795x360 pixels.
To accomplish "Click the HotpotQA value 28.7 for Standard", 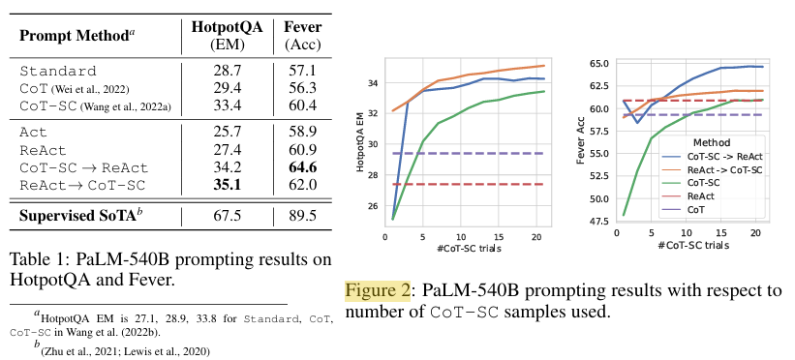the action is pyautogui.click(x=228, y=71).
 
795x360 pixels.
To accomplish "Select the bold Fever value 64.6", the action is pyautogui.click(x=303, y=167).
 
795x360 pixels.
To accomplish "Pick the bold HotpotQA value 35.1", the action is pyautogui.click(x=228, y=185).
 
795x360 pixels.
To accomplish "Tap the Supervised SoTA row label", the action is pyautogui.click(x=78, y=216).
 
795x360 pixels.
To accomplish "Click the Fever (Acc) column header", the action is pyautogui.click(x=303, y=36).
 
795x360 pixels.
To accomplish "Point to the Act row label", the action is pyautogui.click(x=33, y=133).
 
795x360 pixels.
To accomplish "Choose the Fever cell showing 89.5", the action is pyautogui.click(x=303, y=216).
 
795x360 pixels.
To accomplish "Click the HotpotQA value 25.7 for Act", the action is pyautogui.click(x=228, y=133).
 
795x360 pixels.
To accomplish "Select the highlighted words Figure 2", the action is pyautogui.click(x=378, y=290).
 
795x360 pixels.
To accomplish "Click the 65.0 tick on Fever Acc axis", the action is pyautogui.click(x=600, y=63).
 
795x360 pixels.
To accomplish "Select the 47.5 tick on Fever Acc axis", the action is pyautogui.click(x=600, y=221).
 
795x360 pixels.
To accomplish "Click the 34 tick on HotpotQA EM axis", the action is pyautogui.click(x=374, y=82).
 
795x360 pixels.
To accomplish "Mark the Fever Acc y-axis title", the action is pyautogui.click(x=581, y=142).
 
